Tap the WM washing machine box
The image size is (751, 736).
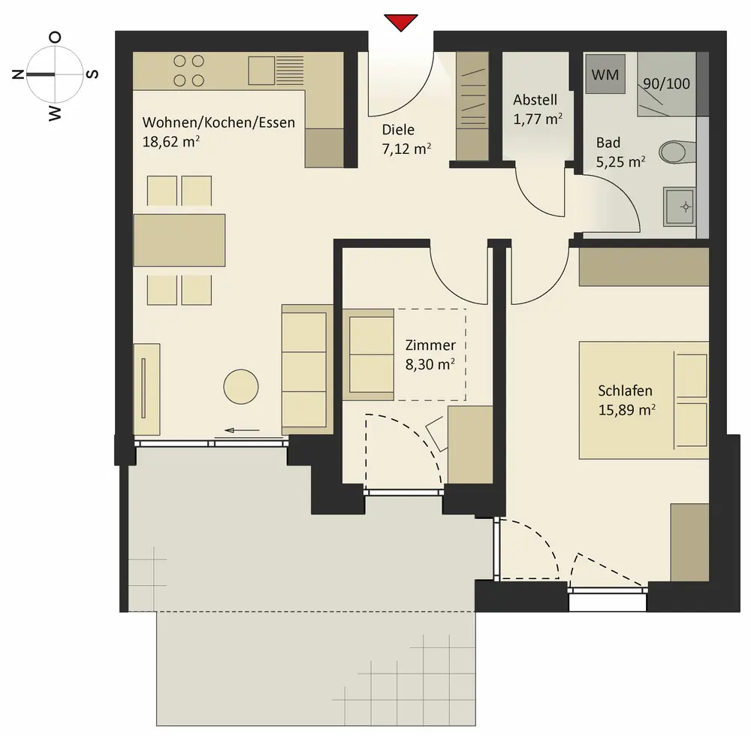coord(605,74)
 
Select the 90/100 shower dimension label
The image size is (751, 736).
coord(666,84)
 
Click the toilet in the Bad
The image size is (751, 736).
coord(677,152)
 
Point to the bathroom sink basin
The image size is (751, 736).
coord(679,207)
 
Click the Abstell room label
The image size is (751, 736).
coord(535,100)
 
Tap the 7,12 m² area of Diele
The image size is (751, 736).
coord(406,149)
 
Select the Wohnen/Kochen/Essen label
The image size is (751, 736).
coord(219,122)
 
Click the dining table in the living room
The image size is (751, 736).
coord(179,240)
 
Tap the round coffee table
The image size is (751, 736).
coord(241,387)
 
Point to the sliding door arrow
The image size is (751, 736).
coord(242,430)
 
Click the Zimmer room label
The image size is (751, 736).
coord(430,345)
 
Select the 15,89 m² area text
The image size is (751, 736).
coord(627,410)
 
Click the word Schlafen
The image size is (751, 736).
coord(625,391)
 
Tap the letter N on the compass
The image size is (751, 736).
coord(18,74)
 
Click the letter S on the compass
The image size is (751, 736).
coord(93,74)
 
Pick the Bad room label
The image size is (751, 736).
coord(608,143)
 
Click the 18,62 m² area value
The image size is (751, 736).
coord(171,142)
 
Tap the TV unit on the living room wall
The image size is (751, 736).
coord(146,389)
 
